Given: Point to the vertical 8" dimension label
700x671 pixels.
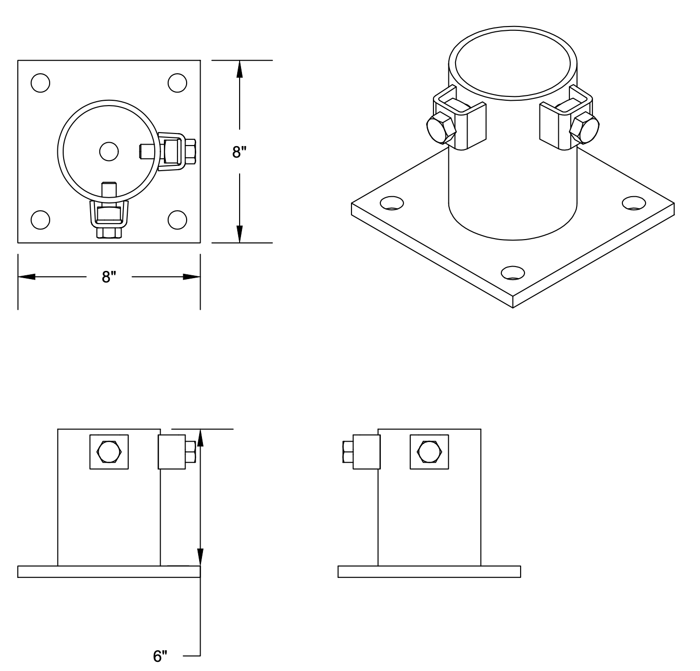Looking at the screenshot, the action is [x=239, y=152].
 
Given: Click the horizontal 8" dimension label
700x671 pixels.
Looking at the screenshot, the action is [x=109, y=277].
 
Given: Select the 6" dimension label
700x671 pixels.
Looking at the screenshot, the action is [x=160, y=656].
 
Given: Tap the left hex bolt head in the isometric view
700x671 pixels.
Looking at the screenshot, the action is [x=442, y=128].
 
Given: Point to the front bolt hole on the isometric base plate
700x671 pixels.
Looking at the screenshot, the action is [x=512, y=273].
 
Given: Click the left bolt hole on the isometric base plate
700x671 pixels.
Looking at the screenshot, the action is [x=392, y=203].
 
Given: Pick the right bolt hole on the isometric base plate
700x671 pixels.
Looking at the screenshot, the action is [x=634, y=203].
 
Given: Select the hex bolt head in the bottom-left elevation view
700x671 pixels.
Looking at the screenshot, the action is [x=109, y=452].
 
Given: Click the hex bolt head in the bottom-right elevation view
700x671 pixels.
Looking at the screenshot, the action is [x=429, y=452].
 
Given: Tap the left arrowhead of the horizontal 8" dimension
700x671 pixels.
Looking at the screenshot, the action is [x=27, y=277].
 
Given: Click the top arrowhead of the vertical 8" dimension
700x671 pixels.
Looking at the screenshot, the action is [x=240, y=69].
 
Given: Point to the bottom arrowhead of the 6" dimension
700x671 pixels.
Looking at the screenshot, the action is [x=201, y=557].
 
